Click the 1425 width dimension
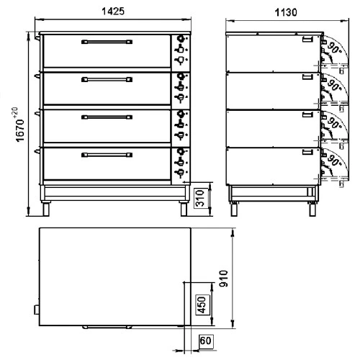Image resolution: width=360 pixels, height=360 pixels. (113, 12)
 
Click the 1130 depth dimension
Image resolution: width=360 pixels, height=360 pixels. (286, 12)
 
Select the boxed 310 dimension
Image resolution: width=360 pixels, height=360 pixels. (200, 199)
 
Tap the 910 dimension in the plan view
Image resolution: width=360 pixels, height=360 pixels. (224, 279)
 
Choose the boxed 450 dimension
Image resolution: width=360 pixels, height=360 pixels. (203, 305)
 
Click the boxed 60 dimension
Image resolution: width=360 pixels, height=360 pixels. (205, 341)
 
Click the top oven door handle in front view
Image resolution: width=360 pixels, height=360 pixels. (107, 42)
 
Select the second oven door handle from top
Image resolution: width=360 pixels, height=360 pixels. (107, 80)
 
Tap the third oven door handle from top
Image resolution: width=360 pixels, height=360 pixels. (107, 117)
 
